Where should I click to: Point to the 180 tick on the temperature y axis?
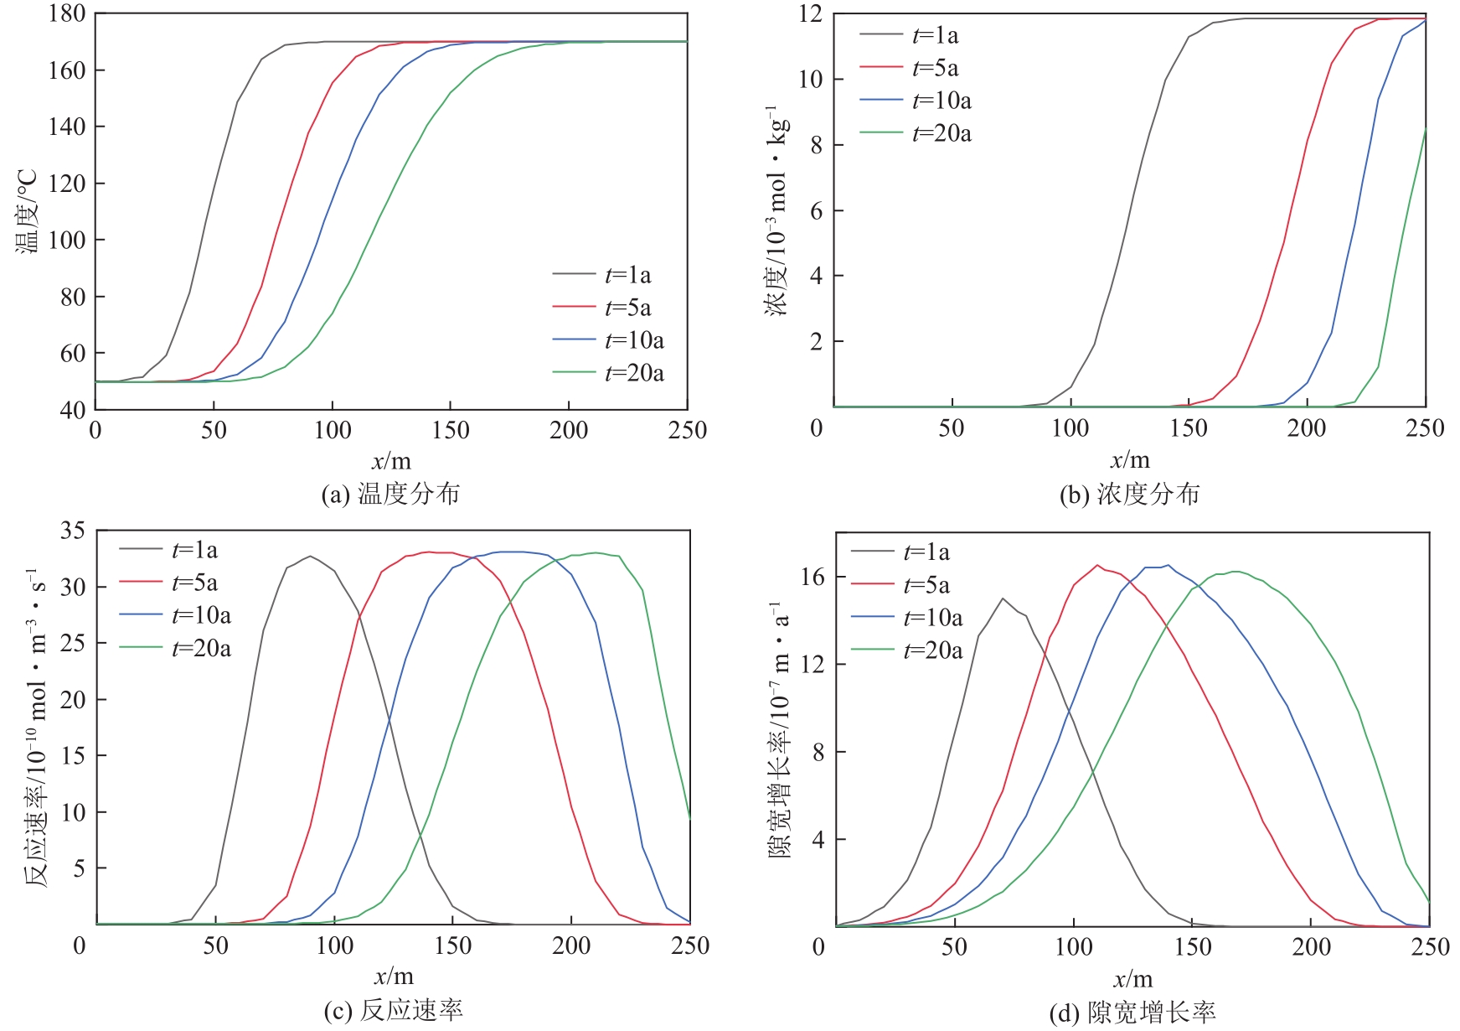point(67,13)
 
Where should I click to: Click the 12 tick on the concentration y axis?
point(810,13)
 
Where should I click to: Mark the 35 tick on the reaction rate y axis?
point(72,530)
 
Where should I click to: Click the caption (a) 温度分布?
point(390,494)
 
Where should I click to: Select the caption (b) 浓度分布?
point(1129,494)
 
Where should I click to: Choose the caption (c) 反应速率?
point(393,1011)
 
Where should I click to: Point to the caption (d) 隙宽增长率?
point(1132,1013)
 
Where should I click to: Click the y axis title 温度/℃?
point(27,211)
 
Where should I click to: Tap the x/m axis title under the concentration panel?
point(1130,459)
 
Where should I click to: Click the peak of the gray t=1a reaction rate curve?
point(310,556)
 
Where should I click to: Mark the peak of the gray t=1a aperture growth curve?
point(1003,598)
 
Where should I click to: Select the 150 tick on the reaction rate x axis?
point(453,946)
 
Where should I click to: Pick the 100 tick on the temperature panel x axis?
point(333,430)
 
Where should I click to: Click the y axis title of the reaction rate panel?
point(35,728)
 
